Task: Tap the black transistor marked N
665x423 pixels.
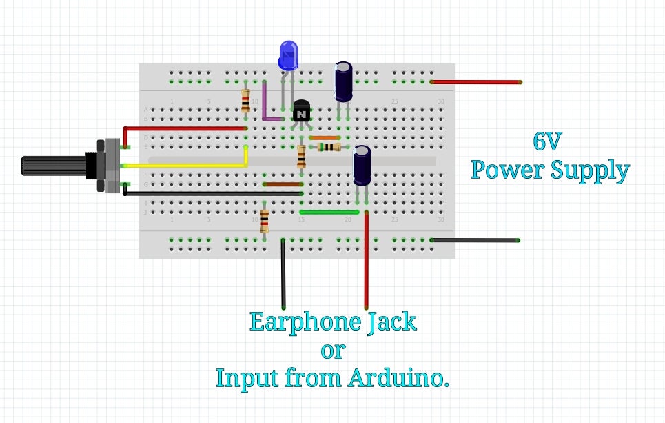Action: [301, 111]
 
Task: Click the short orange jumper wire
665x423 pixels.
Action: [325, 138]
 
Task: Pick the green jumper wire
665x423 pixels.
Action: [329, 212]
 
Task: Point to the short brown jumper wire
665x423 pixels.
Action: [283, 185]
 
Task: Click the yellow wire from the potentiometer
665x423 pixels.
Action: [186, 166]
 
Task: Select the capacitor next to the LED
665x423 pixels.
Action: [344, 81]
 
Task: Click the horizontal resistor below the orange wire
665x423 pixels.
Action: [329, 147]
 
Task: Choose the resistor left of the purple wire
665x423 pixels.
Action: [245, 101]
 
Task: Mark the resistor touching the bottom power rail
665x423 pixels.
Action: [264, 222]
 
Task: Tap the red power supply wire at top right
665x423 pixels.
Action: [475, 82]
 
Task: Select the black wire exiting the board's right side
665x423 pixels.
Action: [475, 240]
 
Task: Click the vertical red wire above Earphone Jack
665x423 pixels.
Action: [366, 262]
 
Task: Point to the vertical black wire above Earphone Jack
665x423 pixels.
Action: [283, 276]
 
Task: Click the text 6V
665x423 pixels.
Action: [548, 141]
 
